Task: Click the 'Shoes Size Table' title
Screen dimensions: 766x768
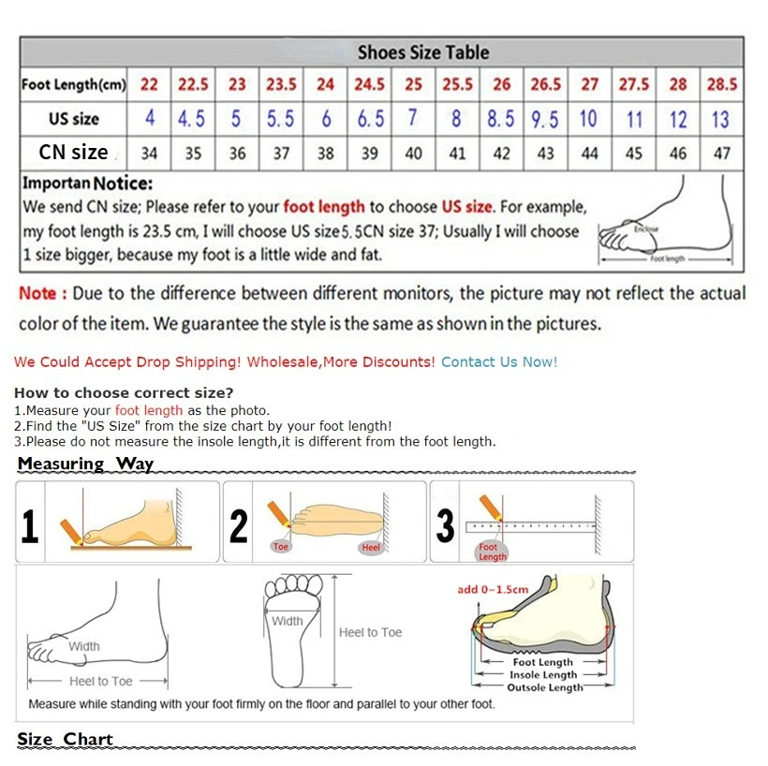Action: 423,52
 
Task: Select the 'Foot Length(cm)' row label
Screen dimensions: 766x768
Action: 73,85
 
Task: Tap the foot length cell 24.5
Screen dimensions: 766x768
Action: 369,85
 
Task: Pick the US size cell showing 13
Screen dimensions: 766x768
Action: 720,120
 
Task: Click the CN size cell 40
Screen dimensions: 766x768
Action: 413,154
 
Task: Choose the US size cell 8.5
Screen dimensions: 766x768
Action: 501,120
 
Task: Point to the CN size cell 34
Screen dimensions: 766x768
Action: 150,154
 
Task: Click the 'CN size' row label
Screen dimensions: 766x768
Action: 73,152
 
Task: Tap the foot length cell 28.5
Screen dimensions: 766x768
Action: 721,85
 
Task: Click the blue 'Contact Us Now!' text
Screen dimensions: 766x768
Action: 499,361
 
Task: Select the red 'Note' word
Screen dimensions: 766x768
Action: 38,293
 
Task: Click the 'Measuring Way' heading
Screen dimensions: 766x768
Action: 85,464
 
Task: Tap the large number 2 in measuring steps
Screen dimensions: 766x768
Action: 239,526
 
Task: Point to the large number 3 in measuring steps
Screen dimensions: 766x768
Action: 446,526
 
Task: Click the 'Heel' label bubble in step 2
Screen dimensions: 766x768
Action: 371,547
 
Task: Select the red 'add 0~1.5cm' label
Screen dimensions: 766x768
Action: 493,589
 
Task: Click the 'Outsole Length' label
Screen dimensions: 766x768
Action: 544,687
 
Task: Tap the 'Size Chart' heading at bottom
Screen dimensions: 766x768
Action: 65,739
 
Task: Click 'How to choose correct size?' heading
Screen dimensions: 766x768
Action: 124,392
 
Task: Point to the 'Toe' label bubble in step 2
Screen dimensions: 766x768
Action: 281,546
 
